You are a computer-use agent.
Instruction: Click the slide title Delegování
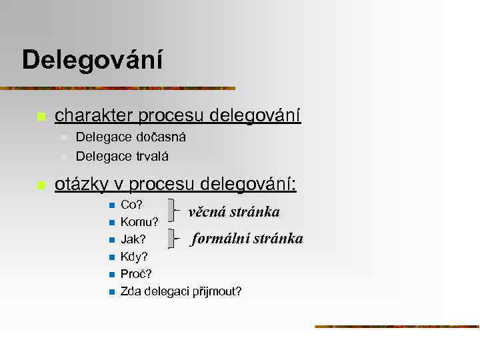tap(92, 61)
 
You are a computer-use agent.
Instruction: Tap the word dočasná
tap(161, 137)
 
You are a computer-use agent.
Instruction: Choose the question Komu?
tap(139, 221)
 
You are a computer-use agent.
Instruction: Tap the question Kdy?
tap(134, 257)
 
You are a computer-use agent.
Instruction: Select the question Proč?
tap(136, 274)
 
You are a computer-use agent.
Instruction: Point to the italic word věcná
tap(209, 213)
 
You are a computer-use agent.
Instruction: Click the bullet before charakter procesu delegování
tap(41, 117)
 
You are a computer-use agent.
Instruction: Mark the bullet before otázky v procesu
tap(41, 185)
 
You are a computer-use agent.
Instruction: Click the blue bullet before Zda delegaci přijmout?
tap(111, 292)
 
